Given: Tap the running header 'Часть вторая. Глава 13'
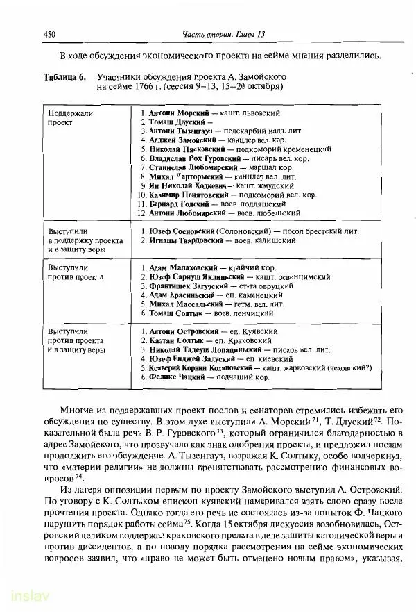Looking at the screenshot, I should [225, 35].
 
